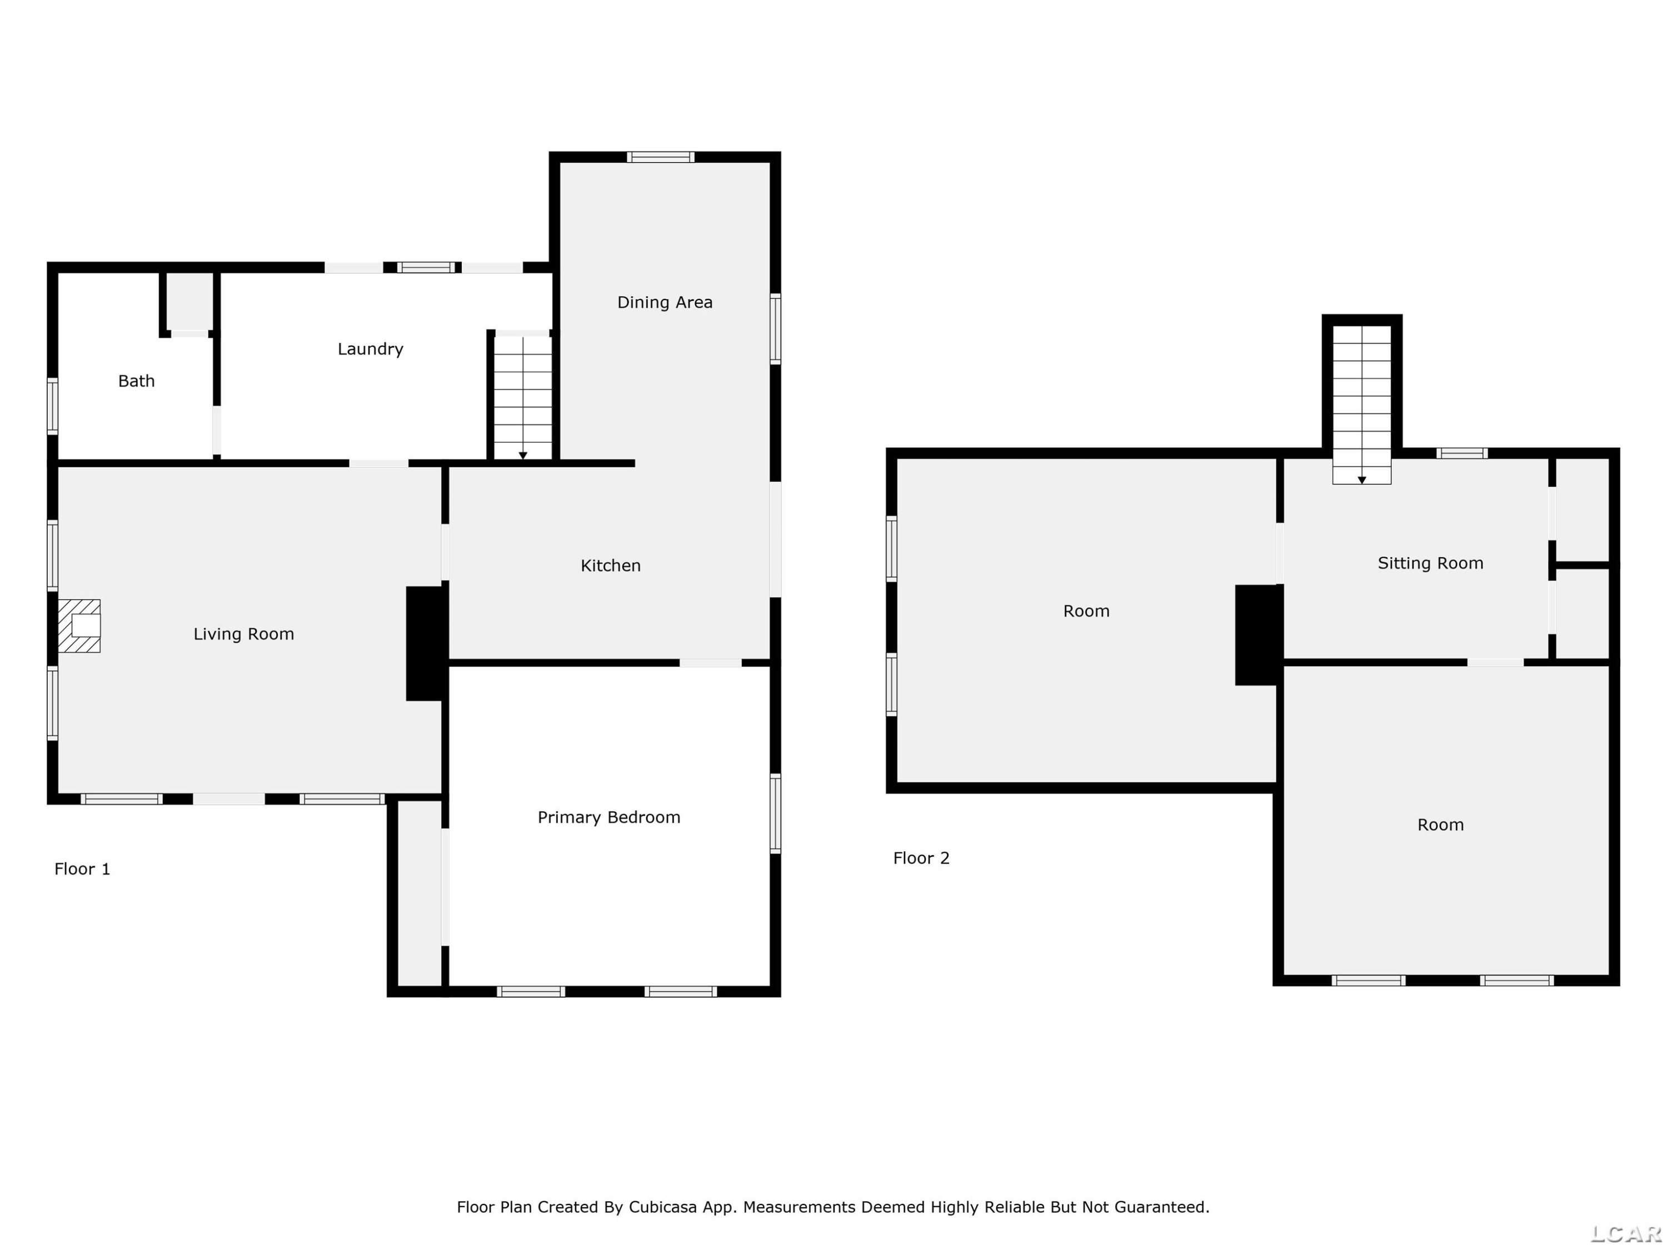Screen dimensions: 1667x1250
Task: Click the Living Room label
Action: click(243, 634)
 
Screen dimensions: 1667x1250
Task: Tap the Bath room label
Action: click(136, 381)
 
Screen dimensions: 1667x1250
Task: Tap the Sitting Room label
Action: click(1430, 563)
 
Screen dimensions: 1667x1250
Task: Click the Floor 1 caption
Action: click(82, 869)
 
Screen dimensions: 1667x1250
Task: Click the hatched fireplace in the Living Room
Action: click(79, 626)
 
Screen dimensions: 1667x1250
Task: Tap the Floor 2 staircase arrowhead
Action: click(1362, 481)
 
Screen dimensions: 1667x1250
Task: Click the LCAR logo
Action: click(1625, 1233)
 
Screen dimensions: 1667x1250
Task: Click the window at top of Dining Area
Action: click(661, 157)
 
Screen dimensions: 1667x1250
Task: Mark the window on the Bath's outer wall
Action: click(53, 406)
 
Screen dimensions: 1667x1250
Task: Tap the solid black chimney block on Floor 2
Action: click(1259, 635)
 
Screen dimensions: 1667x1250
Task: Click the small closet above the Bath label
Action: click(189, 301)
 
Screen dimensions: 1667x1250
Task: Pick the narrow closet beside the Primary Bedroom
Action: click(419, 893)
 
